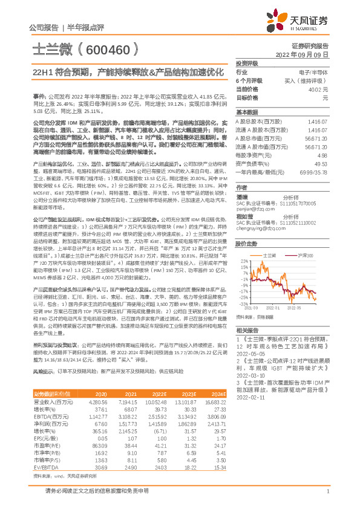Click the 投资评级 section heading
coord(247,63)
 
